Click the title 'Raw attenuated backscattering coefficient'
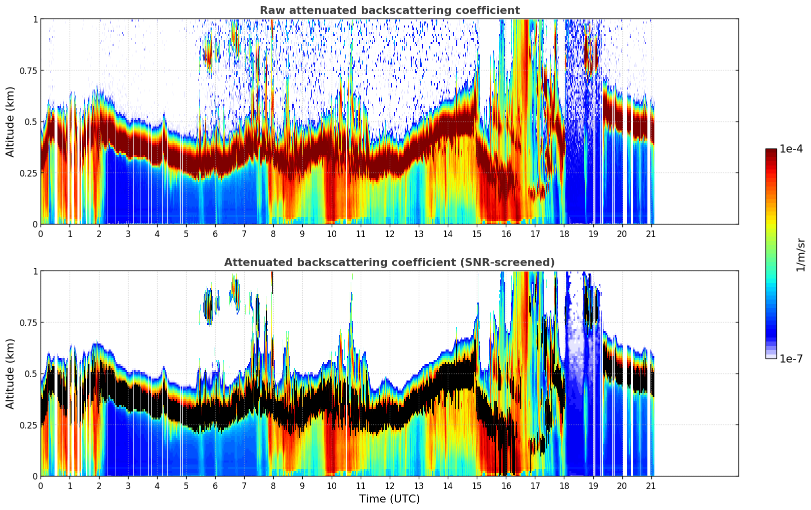[x=389, y=10]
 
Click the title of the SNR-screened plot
[x=389, y=262]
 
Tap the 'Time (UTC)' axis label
[x=389, y=499]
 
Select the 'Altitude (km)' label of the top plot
[x=11, y=121]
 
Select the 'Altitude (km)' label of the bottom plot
[x=11, y=373]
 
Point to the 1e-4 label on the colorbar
[x=791, y=149]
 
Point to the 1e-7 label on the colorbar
[x=791, y=358]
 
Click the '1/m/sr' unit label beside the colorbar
[x=800, y=254]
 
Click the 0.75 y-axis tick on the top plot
[x=28, y=70]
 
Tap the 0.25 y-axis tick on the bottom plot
[x=28, y=425]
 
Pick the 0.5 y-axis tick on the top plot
[x=32, y=121]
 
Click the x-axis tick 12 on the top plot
[x=389, y=233]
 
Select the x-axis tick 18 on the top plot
[x=564, y=233]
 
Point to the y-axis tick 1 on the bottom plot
[x=35, y=271]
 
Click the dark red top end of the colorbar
[x=770, y=151]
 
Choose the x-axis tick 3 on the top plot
[x=128, y=233]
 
